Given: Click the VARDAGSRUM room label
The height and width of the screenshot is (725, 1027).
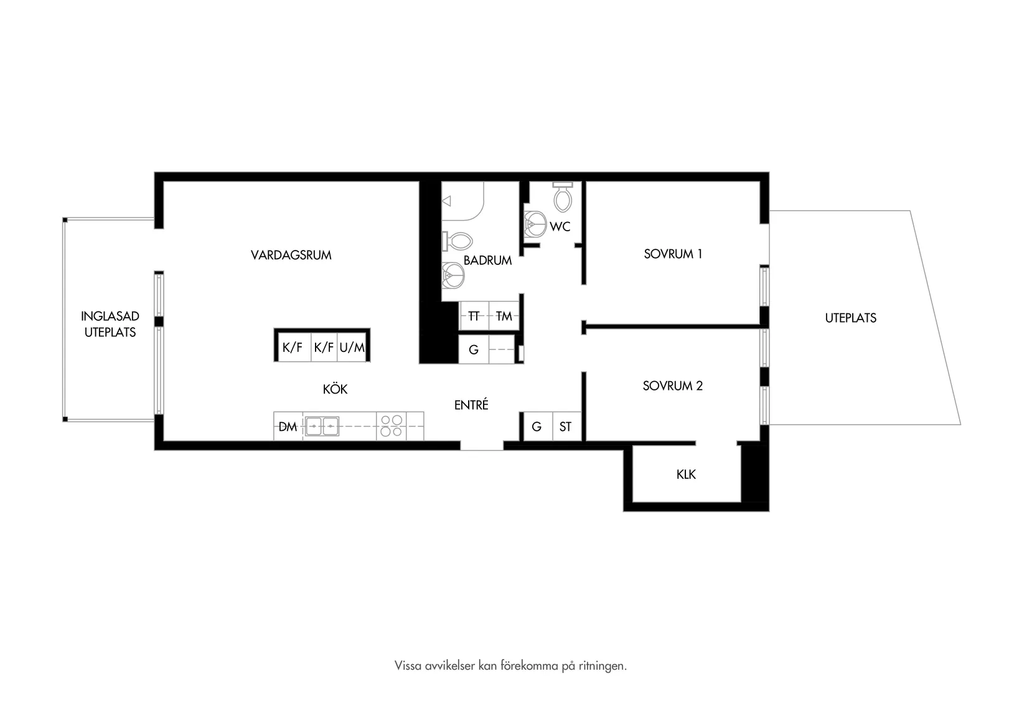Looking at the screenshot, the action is pyautogui.click(x=291, y=255).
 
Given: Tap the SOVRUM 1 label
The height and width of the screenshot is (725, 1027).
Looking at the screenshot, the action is pyautogui.click(x=673, y=254).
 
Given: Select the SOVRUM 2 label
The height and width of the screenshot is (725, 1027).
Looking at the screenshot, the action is pyautogui.click(x=673, y=386).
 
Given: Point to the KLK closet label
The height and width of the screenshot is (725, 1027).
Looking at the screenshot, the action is pyautogui.click(x=686, y=474).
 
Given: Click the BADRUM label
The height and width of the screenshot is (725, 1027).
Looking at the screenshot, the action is pyautogui.click(x=487, y=260).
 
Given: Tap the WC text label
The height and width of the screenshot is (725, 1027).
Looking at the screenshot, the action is pyautogui.click(x=560, y=226).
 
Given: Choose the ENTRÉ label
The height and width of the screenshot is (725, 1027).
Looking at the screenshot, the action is pyautogui.click(x=471, y=404).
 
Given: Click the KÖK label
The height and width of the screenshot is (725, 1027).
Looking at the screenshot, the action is pyautogui.click(x=335, y=389).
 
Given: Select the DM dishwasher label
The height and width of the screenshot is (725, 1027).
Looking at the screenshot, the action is pyautogui.click(x=288, y=427).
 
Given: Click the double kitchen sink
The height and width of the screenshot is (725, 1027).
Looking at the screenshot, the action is pyautogui.click(x=322, y=427).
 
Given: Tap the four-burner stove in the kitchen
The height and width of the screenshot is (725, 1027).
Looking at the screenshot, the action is pyautogui.click(x=391, y=426).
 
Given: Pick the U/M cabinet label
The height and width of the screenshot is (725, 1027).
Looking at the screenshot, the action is pyautogui.click(x=352, y=348).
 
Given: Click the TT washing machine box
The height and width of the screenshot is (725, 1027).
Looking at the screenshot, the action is pyautogui.click(x=474, y=316).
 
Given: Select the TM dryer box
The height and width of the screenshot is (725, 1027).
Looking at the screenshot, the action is pyautogui.click(x=504, y=316).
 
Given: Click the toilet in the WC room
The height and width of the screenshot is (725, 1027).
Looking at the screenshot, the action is pyautogui.click(x=563, y=196).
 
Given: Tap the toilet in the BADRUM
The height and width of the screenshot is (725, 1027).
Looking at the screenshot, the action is pyautogui.click(x=457, y=241).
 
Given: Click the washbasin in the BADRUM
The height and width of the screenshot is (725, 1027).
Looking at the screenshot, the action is pyautogui.click(x=453, y=275).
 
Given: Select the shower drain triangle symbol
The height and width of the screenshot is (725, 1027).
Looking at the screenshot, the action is pyautogui.click(x=446, y=201).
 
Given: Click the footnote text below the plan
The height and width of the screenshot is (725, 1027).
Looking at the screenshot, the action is pyautogui.click(x=510, y=665).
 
